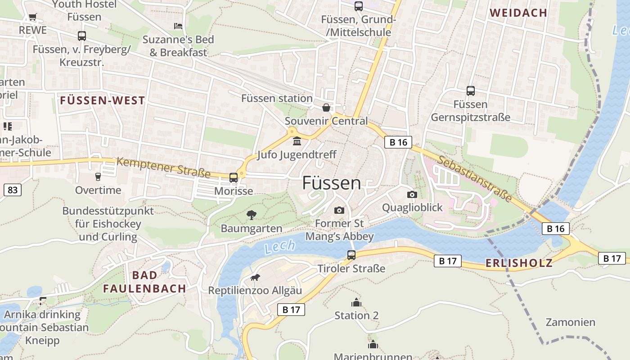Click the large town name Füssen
tap(331, 183)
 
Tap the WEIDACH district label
tap(518, 13)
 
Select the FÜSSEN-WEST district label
tap(103, 100)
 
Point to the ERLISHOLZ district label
tap(519, 263)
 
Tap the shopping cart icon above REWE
tap(32, 17)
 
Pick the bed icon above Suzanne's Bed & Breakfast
tap(178, 26)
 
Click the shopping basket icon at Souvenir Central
tap(326, 108)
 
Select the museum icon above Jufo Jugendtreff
tap(297, 142)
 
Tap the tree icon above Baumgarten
tap(252, 215)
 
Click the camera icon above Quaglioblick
tap(412, 194)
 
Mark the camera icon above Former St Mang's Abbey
tap(339, 210)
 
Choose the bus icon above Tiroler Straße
tap(351, 255)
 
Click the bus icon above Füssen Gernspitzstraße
tap(471, 91)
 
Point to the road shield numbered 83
tap(13, 190)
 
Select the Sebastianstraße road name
tap(474, 179)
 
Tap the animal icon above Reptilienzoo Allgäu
tap(255, 277)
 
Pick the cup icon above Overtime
tap(98, 177)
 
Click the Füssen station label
tap(277, 98)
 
